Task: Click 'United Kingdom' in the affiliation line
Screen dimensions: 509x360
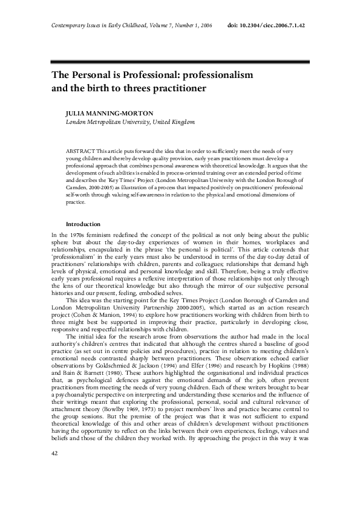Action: coord(174,122)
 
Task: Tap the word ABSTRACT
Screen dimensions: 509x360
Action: coord(80,149)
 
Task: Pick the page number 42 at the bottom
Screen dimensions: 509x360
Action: coord(39,488)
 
